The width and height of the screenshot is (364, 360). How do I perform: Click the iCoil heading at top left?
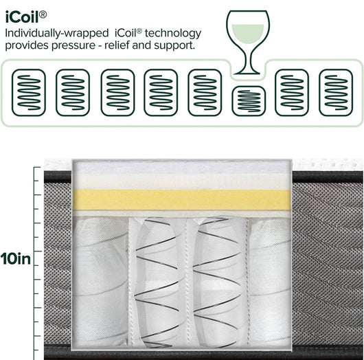click(25, 17)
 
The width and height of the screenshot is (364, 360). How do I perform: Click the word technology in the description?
click(173, 34)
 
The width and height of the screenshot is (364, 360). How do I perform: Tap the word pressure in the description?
click(73, 46)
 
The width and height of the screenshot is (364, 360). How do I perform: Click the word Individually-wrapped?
click(57, 34)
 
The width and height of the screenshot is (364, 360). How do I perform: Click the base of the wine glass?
click(247, 72)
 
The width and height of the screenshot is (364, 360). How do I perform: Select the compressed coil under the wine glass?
click(249, 101)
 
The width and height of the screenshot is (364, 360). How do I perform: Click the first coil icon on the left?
click(29, 93)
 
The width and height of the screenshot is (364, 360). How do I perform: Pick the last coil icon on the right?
click(336, 93)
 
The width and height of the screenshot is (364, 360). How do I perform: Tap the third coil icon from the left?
click(117, 93)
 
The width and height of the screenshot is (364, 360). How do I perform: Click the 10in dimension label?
click(16, 259)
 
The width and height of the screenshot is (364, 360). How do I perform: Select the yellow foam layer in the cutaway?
click(181, 200)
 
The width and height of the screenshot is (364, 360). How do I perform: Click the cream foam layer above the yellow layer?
click(181, 181)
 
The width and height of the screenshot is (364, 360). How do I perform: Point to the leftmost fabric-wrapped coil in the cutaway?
click(100, 280)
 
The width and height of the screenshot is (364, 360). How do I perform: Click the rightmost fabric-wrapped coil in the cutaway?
click(270, 282)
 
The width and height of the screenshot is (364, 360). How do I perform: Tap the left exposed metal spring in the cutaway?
click(157, 282)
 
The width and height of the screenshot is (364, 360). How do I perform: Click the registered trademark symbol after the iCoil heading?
click(43, 14)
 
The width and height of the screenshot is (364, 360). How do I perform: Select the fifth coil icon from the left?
click(205, 93)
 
